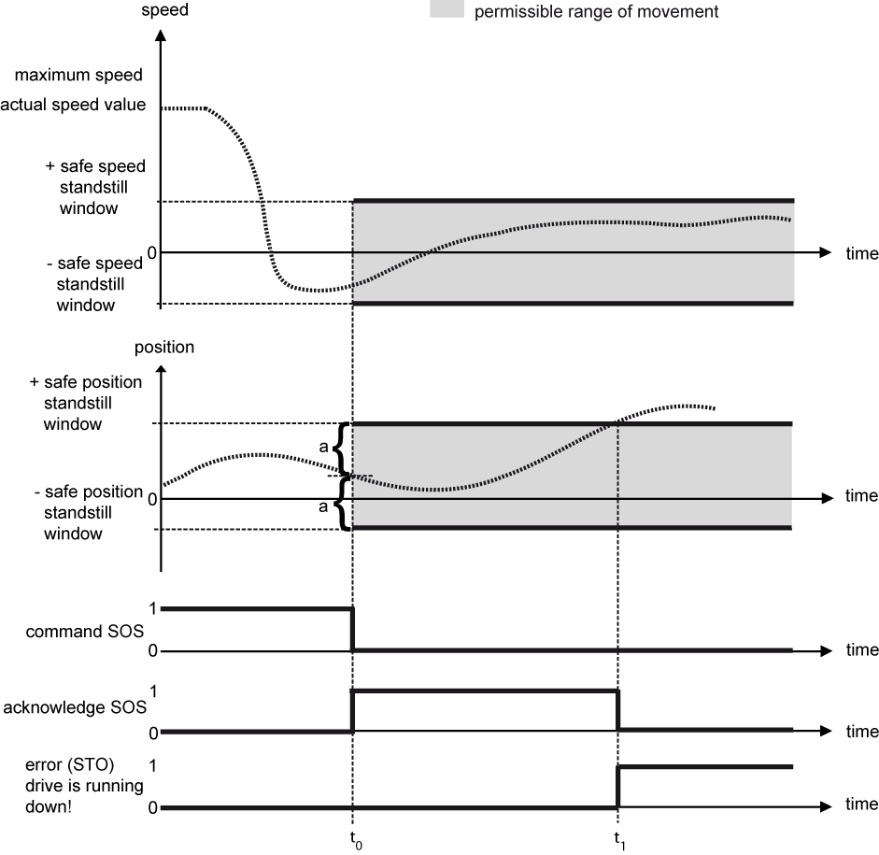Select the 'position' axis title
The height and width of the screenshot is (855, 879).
click(164, 347)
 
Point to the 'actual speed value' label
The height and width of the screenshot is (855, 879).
click(74, 104)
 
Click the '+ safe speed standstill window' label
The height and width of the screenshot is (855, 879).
click(95, 187)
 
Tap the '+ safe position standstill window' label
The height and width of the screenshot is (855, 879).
click(86, 403)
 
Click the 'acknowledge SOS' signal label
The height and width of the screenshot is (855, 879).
click(74, 707)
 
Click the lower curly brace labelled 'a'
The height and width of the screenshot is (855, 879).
click(342, 505)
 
